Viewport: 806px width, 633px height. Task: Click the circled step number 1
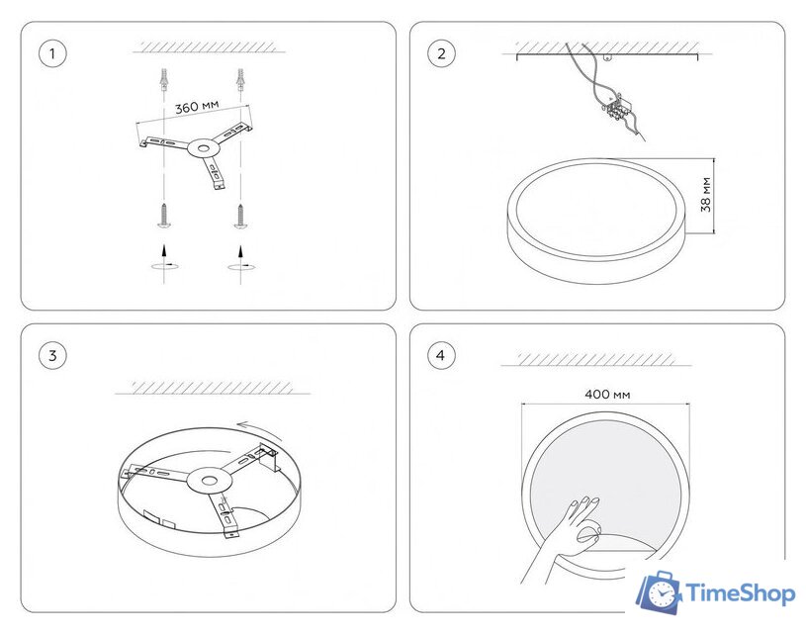[52, 53]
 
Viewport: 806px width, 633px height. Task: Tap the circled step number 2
[441, 53]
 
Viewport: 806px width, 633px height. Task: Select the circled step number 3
[52, 355]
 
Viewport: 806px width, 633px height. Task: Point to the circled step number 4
[441, 355]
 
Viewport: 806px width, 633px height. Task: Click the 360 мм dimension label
[197, 107]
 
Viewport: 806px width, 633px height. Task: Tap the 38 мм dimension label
[706, 195]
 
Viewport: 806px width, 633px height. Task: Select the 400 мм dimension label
[607, 395]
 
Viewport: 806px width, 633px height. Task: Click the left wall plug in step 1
[164, 79]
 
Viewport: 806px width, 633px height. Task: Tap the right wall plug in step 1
[240, 79]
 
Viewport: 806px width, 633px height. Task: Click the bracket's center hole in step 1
[204, 148]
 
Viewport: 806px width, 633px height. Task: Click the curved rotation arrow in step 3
[259, 427]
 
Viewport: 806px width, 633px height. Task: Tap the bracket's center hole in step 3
[209, 481]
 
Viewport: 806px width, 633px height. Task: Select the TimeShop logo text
[741, 593]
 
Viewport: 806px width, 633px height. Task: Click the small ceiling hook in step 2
[608, 58]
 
